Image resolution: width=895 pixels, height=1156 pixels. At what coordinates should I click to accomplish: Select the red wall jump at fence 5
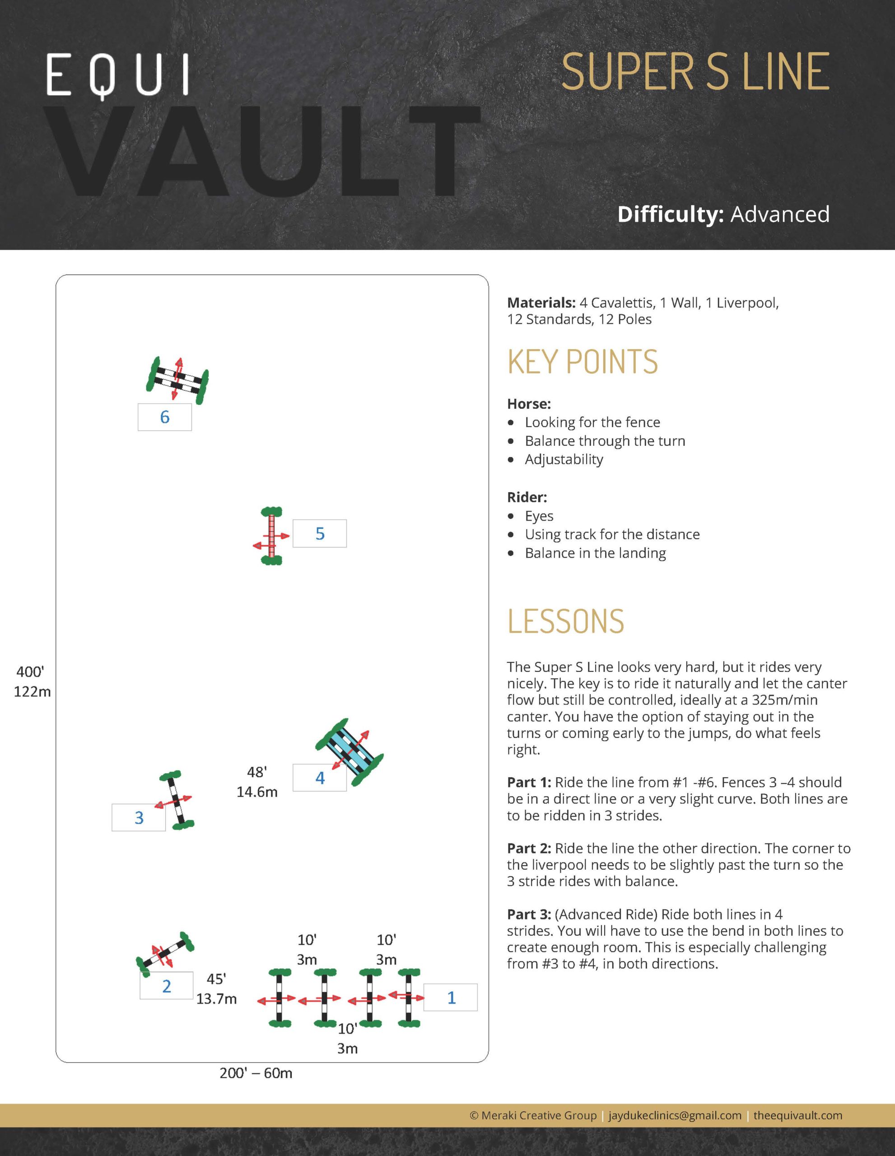tap(271, 536)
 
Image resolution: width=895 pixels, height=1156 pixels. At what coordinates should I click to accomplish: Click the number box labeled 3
tap(139, 817)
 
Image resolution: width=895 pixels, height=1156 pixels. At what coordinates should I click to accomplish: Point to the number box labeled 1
tap(451, 997)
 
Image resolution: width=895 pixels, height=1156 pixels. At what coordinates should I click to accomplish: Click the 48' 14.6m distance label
tap(256, 781)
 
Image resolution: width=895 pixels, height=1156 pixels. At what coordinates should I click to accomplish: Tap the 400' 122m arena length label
tap(32, 682)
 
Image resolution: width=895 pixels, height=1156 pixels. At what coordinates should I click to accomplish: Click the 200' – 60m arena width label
tap(256, 1073)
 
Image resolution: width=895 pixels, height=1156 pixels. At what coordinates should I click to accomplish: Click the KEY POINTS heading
tap(582, 362)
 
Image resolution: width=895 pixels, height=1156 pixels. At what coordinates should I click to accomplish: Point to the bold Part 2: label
tap(529, 848)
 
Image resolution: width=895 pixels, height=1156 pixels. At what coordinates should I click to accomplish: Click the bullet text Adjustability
tap(564, 459)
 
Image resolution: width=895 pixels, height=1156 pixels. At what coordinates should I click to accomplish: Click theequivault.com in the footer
tap(797, 1115)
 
